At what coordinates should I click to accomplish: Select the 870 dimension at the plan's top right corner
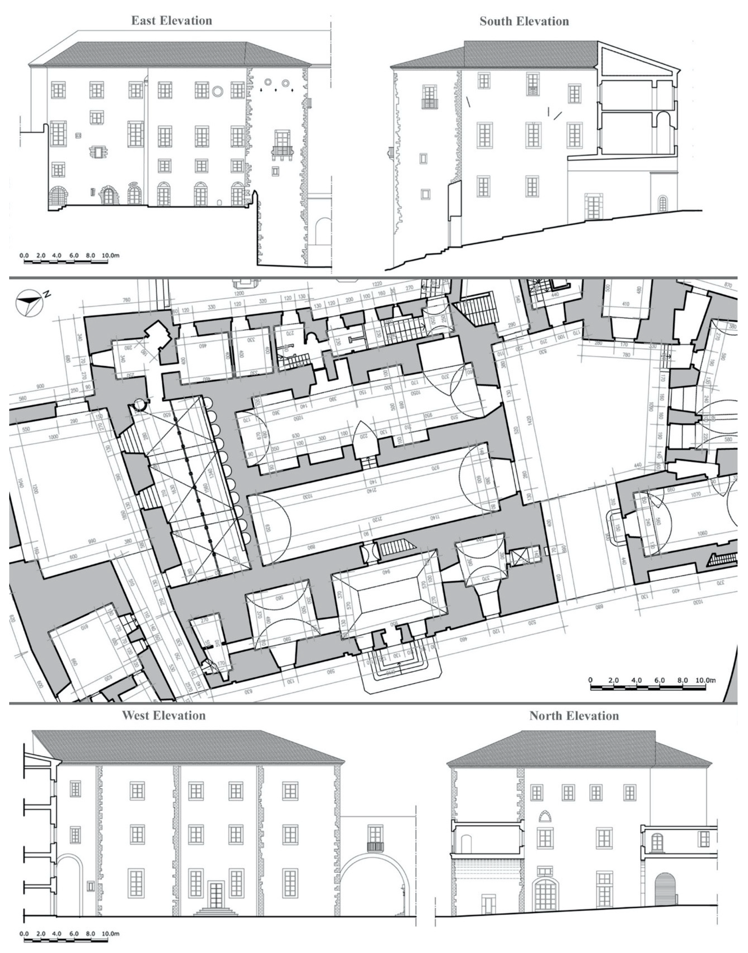728,285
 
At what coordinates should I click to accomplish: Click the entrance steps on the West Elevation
215,912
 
